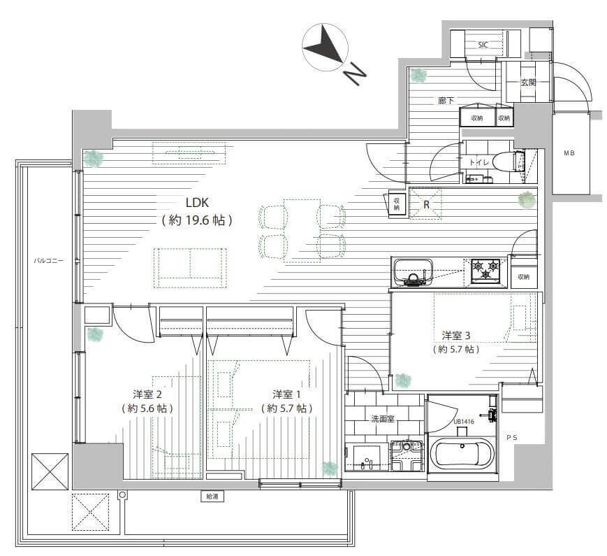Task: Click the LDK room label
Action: pyautogui.click(x=197, y=202)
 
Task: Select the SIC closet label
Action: pyautogui.click(x=483, y=45)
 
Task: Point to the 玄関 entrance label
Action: pyautogui.click(x=528, y=83)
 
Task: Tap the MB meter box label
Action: pyautogui.click(x=569, y=153)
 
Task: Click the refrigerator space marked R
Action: pyautogui.click(x=426, y=204)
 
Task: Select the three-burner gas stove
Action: pyautogui.click(x=485, y=270)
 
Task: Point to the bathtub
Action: pyautogui.click(x=462, y=454)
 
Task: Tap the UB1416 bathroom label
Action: pyautogui.click(x=463, y=422)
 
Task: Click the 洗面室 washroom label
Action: pyautogui.click(x=383, y=419)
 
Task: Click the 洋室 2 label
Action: pyautogui.click(x=147, y=394)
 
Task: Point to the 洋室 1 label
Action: pyautogui.click(x=286, y=394)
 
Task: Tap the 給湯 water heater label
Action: pyautogui.click(x=212, y=496)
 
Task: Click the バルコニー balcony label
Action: pyautogui.click(x=48, y=261)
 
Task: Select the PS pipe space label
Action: pyautogui.click(x=512, y=437)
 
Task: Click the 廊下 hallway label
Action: pyautogui.click(x=446, y=101)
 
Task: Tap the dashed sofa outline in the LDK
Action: pyautogui.click(x=190, y=268)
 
